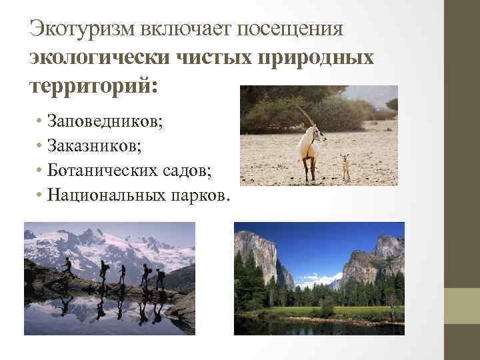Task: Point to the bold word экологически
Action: click(99, 58)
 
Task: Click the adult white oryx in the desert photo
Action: click(309, 147)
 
